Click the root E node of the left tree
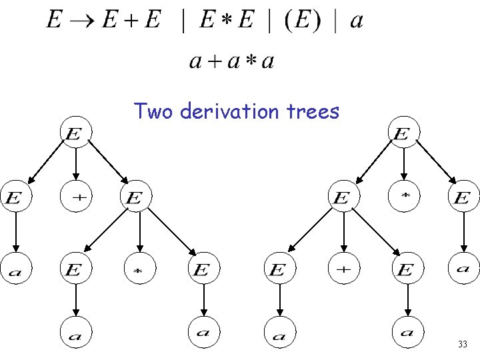[75, 134]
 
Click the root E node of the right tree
[402, 134]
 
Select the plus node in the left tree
[76, 197]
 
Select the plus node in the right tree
[343, 269]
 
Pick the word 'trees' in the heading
[315, 111]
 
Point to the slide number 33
[462, 345]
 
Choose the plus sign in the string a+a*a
[213, 62]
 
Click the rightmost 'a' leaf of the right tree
[463, 269]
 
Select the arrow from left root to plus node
[75, 164]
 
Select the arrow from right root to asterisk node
[403, 164]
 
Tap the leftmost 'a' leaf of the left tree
[15, 269]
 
